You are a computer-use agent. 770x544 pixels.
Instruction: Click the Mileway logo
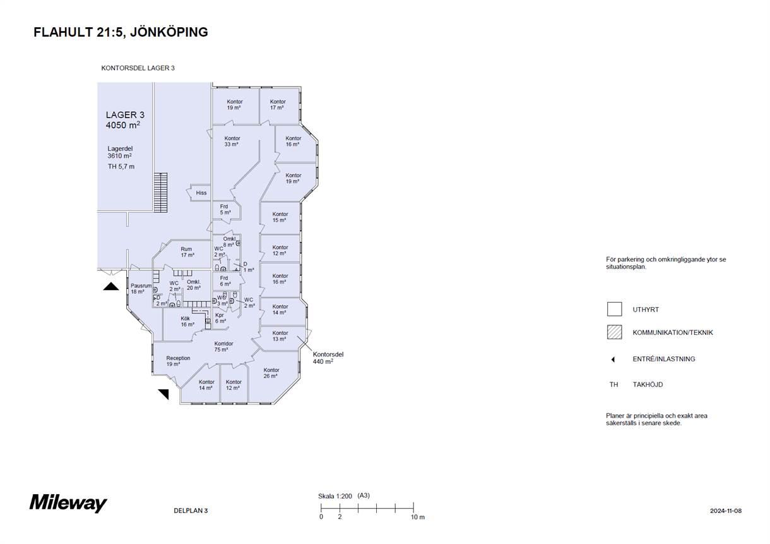coord(68,503)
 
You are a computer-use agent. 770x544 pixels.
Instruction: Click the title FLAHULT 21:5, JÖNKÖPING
coord(121,32)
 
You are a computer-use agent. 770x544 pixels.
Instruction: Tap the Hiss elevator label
coord(201,193)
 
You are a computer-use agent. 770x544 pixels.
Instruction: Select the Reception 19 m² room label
coord(178,361)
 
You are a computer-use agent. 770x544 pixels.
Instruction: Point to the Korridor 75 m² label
coord(223,346)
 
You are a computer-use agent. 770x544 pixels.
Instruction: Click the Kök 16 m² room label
coord(187,322)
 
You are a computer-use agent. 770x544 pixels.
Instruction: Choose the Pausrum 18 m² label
coord(141,289)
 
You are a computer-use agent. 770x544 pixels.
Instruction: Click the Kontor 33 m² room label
coord(232,142)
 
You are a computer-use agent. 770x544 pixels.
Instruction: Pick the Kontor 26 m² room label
coord(271,373)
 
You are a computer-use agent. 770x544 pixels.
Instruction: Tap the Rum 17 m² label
coord(187,252)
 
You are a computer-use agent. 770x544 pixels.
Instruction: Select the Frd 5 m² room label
coord(225,210)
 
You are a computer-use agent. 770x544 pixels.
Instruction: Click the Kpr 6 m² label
coord(220,318)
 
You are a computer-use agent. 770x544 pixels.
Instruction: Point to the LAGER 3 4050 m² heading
coord(125,120)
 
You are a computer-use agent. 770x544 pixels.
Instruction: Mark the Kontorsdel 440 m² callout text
coord(328,358)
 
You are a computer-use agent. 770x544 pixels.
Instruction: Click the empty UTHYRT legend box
coord(614,309)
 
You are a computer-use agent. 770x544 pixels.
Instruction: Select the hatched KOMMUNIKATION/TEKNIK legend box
coord(614,332)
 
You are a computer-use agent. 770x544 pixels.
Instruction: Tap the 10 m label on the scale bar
coord(418,517)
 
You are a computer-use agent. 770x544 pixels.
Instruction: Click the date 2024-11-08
coord(726,511)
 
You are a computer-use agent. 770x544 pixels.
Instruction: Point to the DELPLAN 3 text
coord(191,511)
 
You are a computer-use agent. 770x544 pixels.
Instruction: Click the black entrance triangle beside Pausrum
coord(111,286)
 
